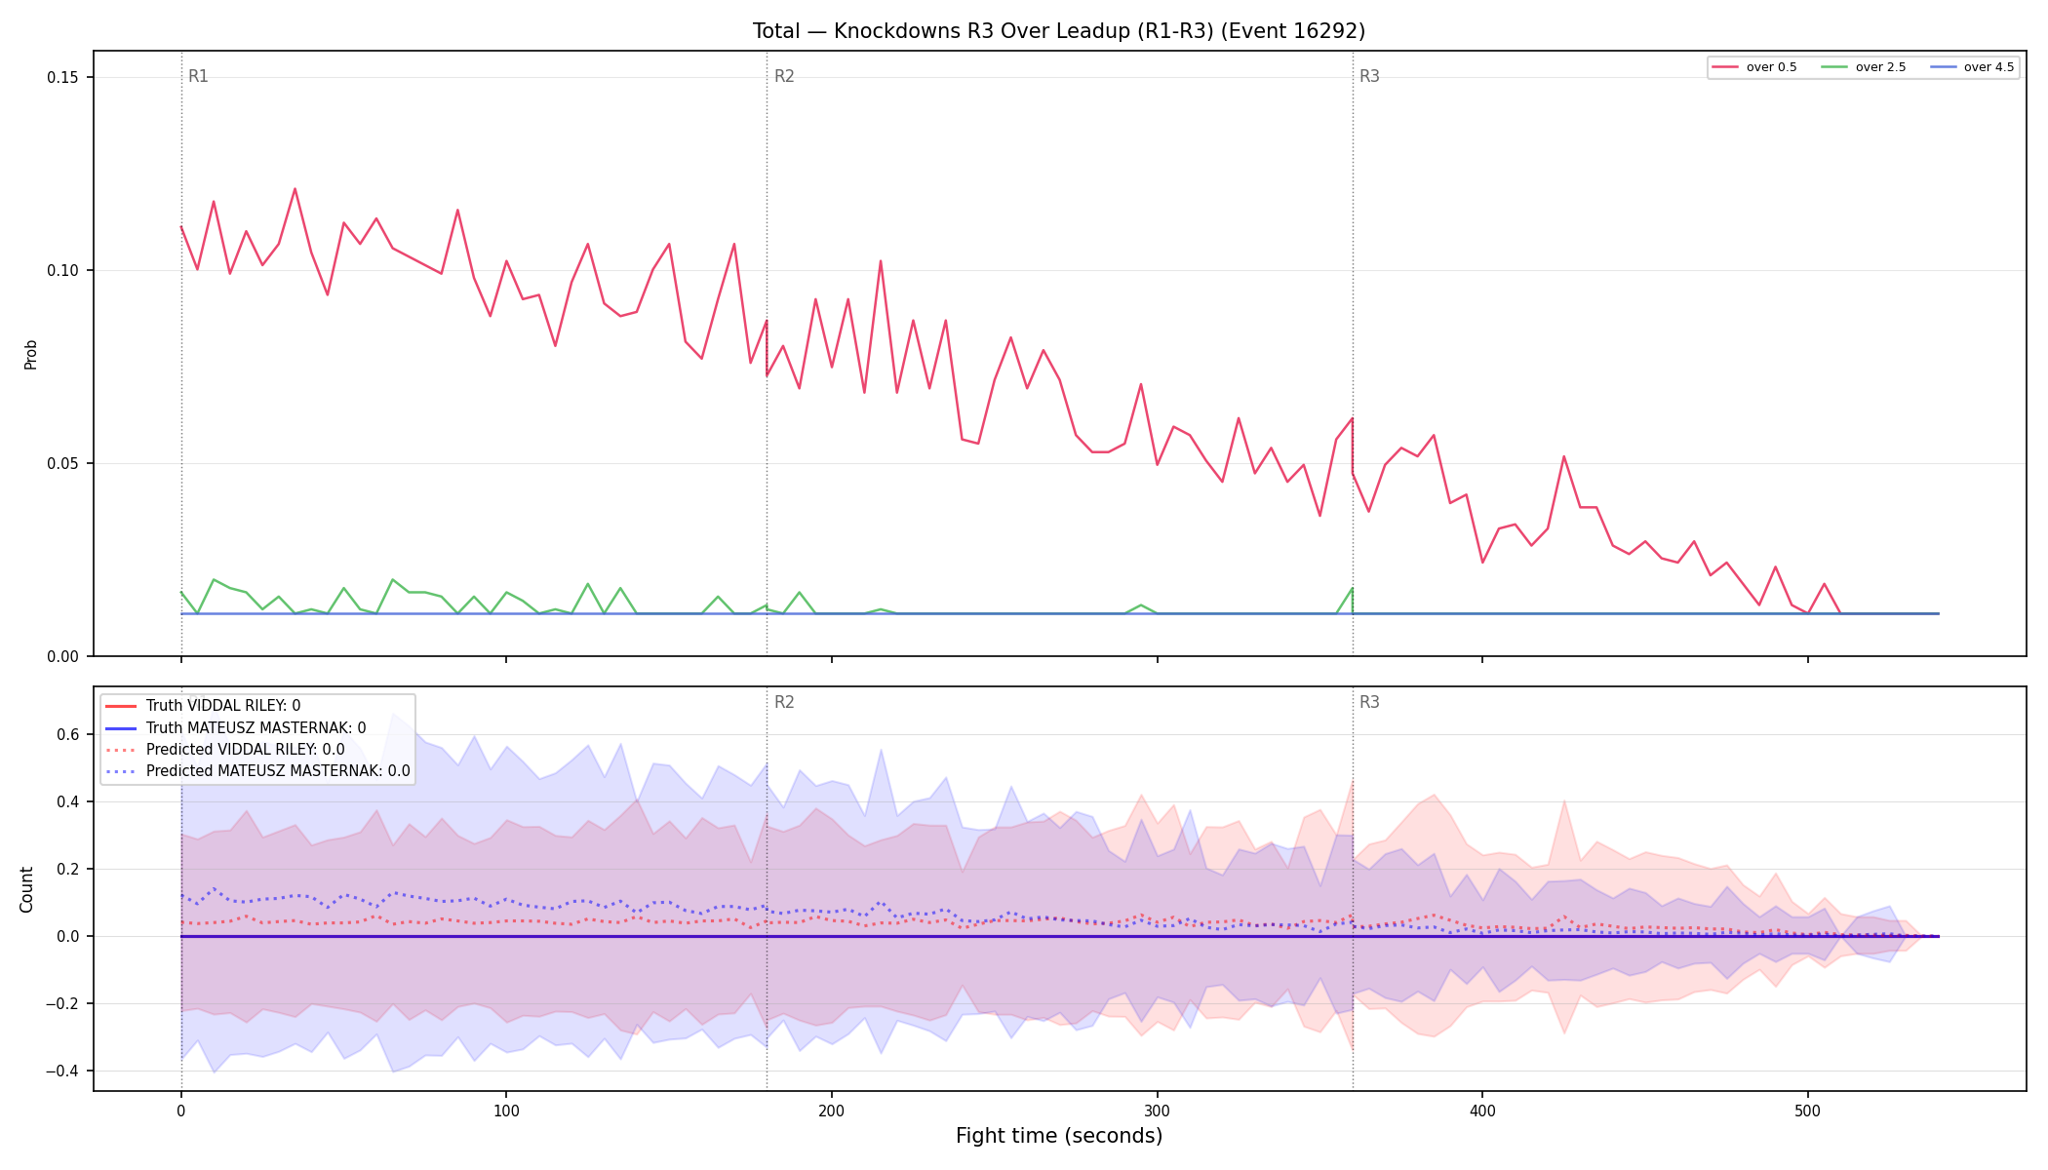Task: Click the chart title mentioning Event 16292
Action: pos(1058,31)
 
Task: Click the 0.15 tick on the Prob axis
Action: pos(64,78)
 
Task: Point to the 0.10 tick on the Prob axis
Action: pos(64,270)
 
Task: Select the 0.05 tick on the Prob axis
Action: pos(64,463)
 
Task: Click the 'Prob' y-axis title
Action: pos(31,354)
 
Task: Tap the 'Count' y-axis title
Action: pos(27,889)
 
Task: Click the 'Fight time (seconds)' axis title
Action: pos(1059,1136)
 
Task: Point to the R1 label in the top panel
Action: pos(198,76)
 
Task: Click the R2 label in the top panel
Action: pos(784,76)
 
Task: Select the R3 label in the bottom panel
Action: pos(1369,702)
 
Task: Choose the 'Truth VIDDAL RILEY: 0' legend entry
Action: pos(223,706)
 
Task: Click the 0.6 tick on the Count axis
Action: pos(68,734)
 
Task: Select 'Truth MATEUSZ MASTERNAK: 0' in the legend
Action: pos(256,727)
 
